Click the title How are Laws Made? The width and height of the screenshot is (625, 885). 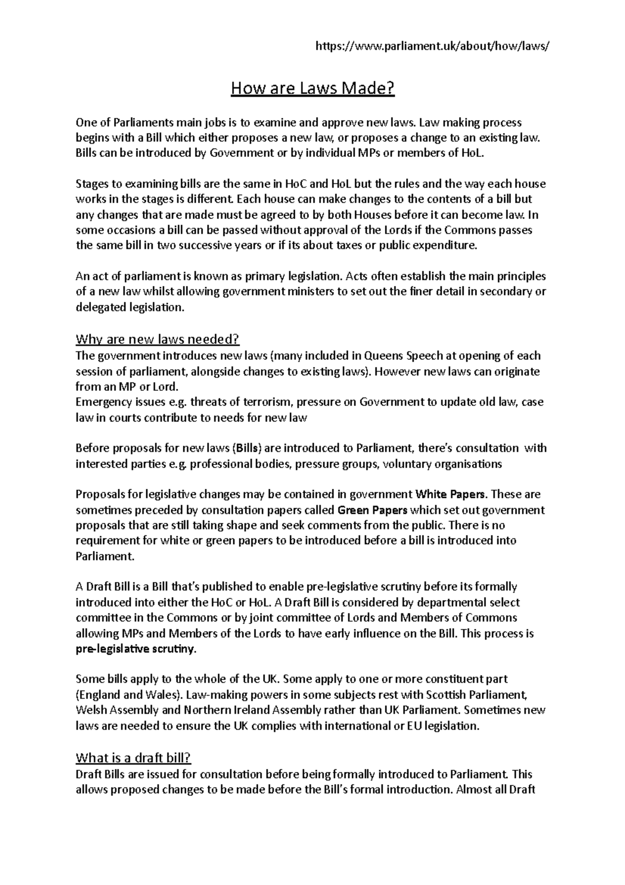click(312, 89)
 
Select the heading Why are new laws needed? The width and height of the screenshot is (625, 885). click(157, 340)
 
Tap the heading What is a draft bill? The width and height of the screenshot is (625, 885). click(137, 757)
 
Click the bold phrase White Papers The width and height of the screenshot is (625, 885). click(451, 494)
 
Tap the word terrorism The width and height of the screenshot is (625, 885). click(240, 402)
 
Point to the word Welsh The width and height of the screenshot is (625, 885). click(91, 710)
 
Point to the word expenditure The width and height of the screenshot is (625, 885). click(444, 246)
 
